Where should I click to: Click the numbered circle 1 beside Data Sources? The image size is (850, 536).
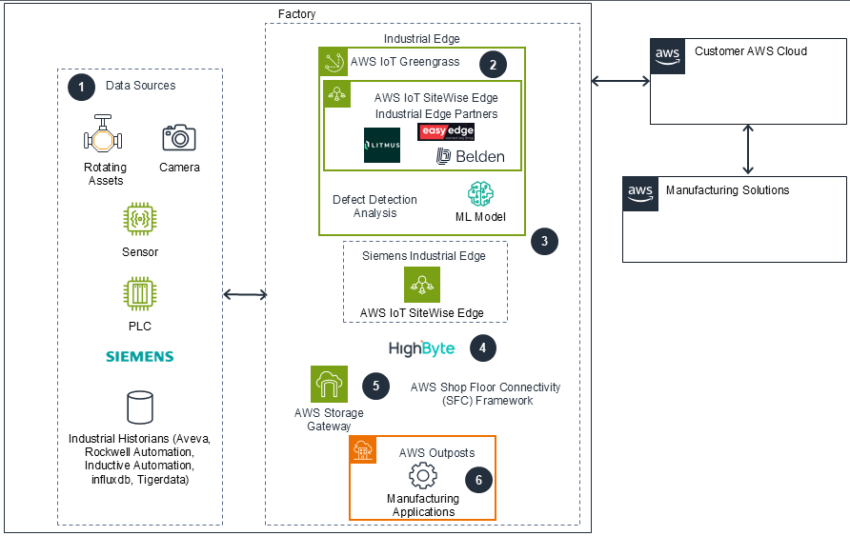click(x=82, y=86)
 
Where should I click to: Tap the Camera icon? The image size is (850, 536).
click(x=179, y=138)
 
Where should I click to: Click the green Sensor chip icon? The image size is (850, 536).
click(x=140, y=219)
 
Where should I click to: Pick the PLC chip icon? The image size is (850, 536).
click(x=140, y=293)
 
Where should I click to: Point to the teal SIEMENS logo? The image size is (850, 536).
click(x=139, y=356)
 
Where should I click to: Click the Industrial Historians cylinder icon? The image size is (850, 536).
click(x=140, y=407)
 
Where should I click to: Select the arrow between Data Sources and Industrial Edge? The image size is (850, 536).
click(x=244, y=295)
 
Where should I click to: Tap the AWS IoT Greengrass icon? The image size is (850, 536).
click(x=334, y=63)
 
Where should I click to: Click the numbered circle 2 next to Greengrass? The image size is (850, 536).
click(x=493, y=65)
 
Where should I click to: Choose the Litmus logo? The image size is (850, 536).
click(x=382, y=145)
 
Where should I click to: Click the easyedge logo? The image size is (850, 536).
click(x=445, y=131)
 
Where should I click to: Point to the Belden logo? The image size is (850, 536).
click(x=471, y=156)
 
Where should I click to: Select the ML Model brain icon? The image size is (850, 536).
click(x=480, y=194)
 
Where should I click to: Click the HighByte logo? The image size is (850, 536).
click(x=421, y=348)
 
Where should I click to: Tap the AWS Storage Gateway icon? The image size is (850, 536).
click(x=329, y=385)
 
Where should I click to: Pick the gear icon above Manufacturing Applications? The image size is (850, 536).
click(x=422, y=475)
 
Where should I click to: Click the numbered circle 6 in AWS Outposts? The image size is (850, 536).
click(x=479, y=480)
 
